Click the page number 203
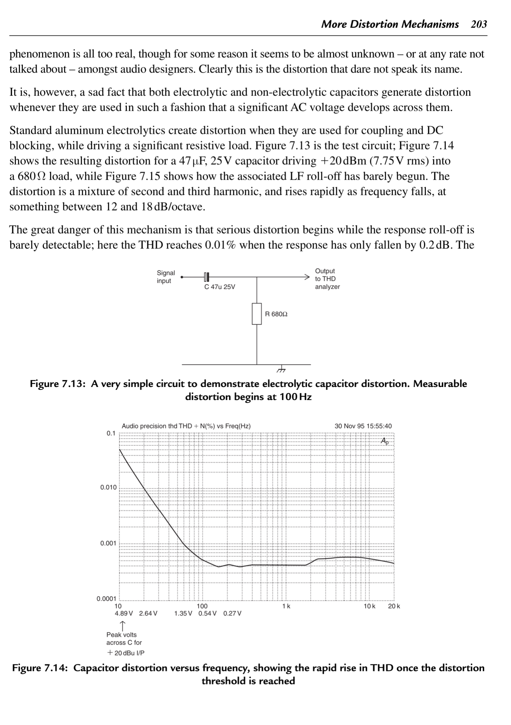point(479,24)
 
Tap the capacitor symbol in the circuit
point(206,277)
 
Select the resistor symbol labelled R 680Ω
point(257,314)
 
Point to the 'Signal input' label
point(166,277)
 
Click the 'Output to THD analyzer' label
point(327,279)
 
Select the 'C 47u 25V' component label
point(220,287)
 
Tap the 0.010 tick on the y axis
point(108,487)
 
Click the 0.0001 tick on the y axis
point(106,599)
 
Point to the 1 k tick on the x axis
point(286,606)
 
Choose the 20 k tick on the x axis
point(394,606)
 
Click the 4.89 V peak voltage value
point(124,614)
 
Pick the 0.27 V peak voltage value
point(232,614)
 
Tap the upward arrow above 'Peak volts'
point(123,626)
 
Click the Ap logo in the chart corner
point(385,441)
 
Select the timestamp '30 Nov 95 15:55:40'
point(363,426)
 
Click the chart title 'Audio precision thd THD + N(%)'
point(186,426)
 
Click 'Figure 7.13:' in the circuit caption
point(57,384)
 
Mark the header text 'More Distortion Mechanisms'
point(390,24)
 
